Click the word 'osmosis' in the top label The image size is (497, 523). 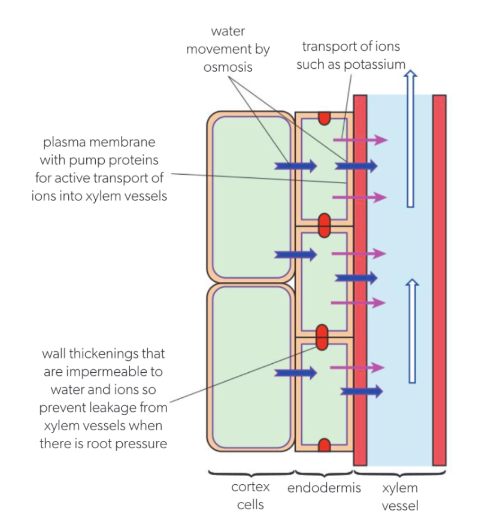tap(228, 67)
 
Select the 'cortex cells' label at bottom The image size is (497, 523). tap(250, 495)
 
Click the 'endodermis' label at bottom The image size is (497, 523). tap(324, 488)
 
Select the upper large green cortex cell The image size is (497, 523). tap(250, 197)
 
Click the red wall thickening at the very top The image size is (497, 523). tap(324, 118)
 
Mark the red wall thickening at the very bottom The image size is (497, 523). tap(324, 445)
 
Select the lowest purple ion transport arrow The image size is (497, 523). tap(357, 367)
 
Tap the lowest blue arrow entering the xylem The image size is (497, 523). tap(361, 391)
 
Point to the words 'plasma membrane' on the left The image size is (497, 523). tap(99, 143)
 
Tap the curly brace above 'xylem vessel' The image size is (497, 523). tap(400, 475)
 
